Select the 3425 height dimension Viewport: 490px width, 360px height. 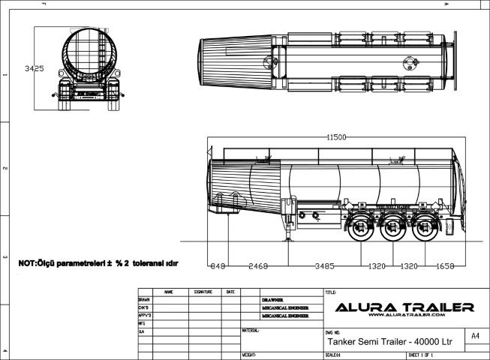coord(34,68)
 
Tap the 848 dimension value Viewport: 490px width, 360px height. coord(218,265)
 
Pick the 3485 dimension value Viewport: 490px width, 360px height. coord(323,265)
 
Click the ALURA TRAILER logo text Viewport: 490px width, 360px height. coord(403,307)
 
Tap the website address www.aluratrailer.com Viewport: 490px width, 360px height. coord(403,316)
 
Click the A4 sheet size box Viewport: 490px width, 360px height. coord(474,337)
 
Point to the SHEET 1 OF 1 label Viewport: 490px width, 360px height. coord(422,354)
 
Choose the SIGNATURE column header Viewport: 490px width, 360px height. coord(203,291)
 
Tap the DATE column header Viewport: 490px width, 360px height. coord(230,291)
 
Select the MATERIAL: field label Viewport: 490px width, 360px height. coord(251,330)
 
